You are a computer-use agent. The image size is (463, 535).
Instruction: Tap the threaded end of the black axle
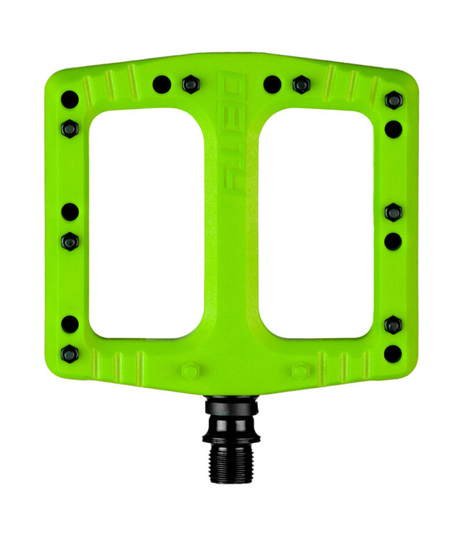coord(232,467)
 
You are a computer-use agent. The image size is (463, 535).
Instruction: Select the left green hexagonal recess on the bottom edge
coord(189,372)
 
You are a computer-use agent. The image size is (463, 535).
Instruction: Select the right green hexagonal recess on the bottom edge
coord(300,372)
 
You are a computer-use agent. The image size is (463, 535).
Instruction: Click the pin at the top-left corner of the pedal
coord(70,99)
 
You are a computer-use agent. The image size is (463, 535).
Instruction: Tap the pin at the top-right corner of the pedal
coord(393,100)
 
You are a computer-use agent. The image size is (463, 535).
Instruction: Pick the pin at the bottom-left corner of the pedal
coord(70,353)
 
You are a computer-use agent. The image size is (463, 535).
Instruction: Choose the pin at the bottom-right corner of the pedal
coord(392,353)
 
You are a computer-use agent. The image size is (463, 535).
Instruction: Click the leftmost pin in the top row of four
coord(162,84)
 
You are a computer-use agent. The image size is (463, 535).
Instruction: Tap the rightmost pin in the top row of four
coord(301,85)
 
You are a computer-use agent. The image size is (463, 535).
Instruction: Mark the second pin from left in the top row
coord(190,84)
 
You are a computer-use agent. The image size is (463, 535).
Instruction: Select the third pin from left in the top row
coord(272,84)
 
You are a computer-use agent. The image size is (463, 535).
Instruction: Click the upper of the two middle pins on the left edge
coord(70,212)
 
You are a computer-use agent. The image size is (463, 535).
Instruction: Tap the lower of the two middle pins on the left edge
coord(70,241)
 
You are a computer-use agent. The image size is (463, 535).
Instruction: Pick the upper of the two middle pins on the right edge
coord(393,212)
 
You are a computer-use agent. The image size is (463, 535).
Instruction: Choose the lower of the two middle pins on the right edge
coord(392,241)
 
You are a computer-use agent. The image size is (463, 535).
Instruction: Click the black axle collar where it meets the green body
coord(232,404)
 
